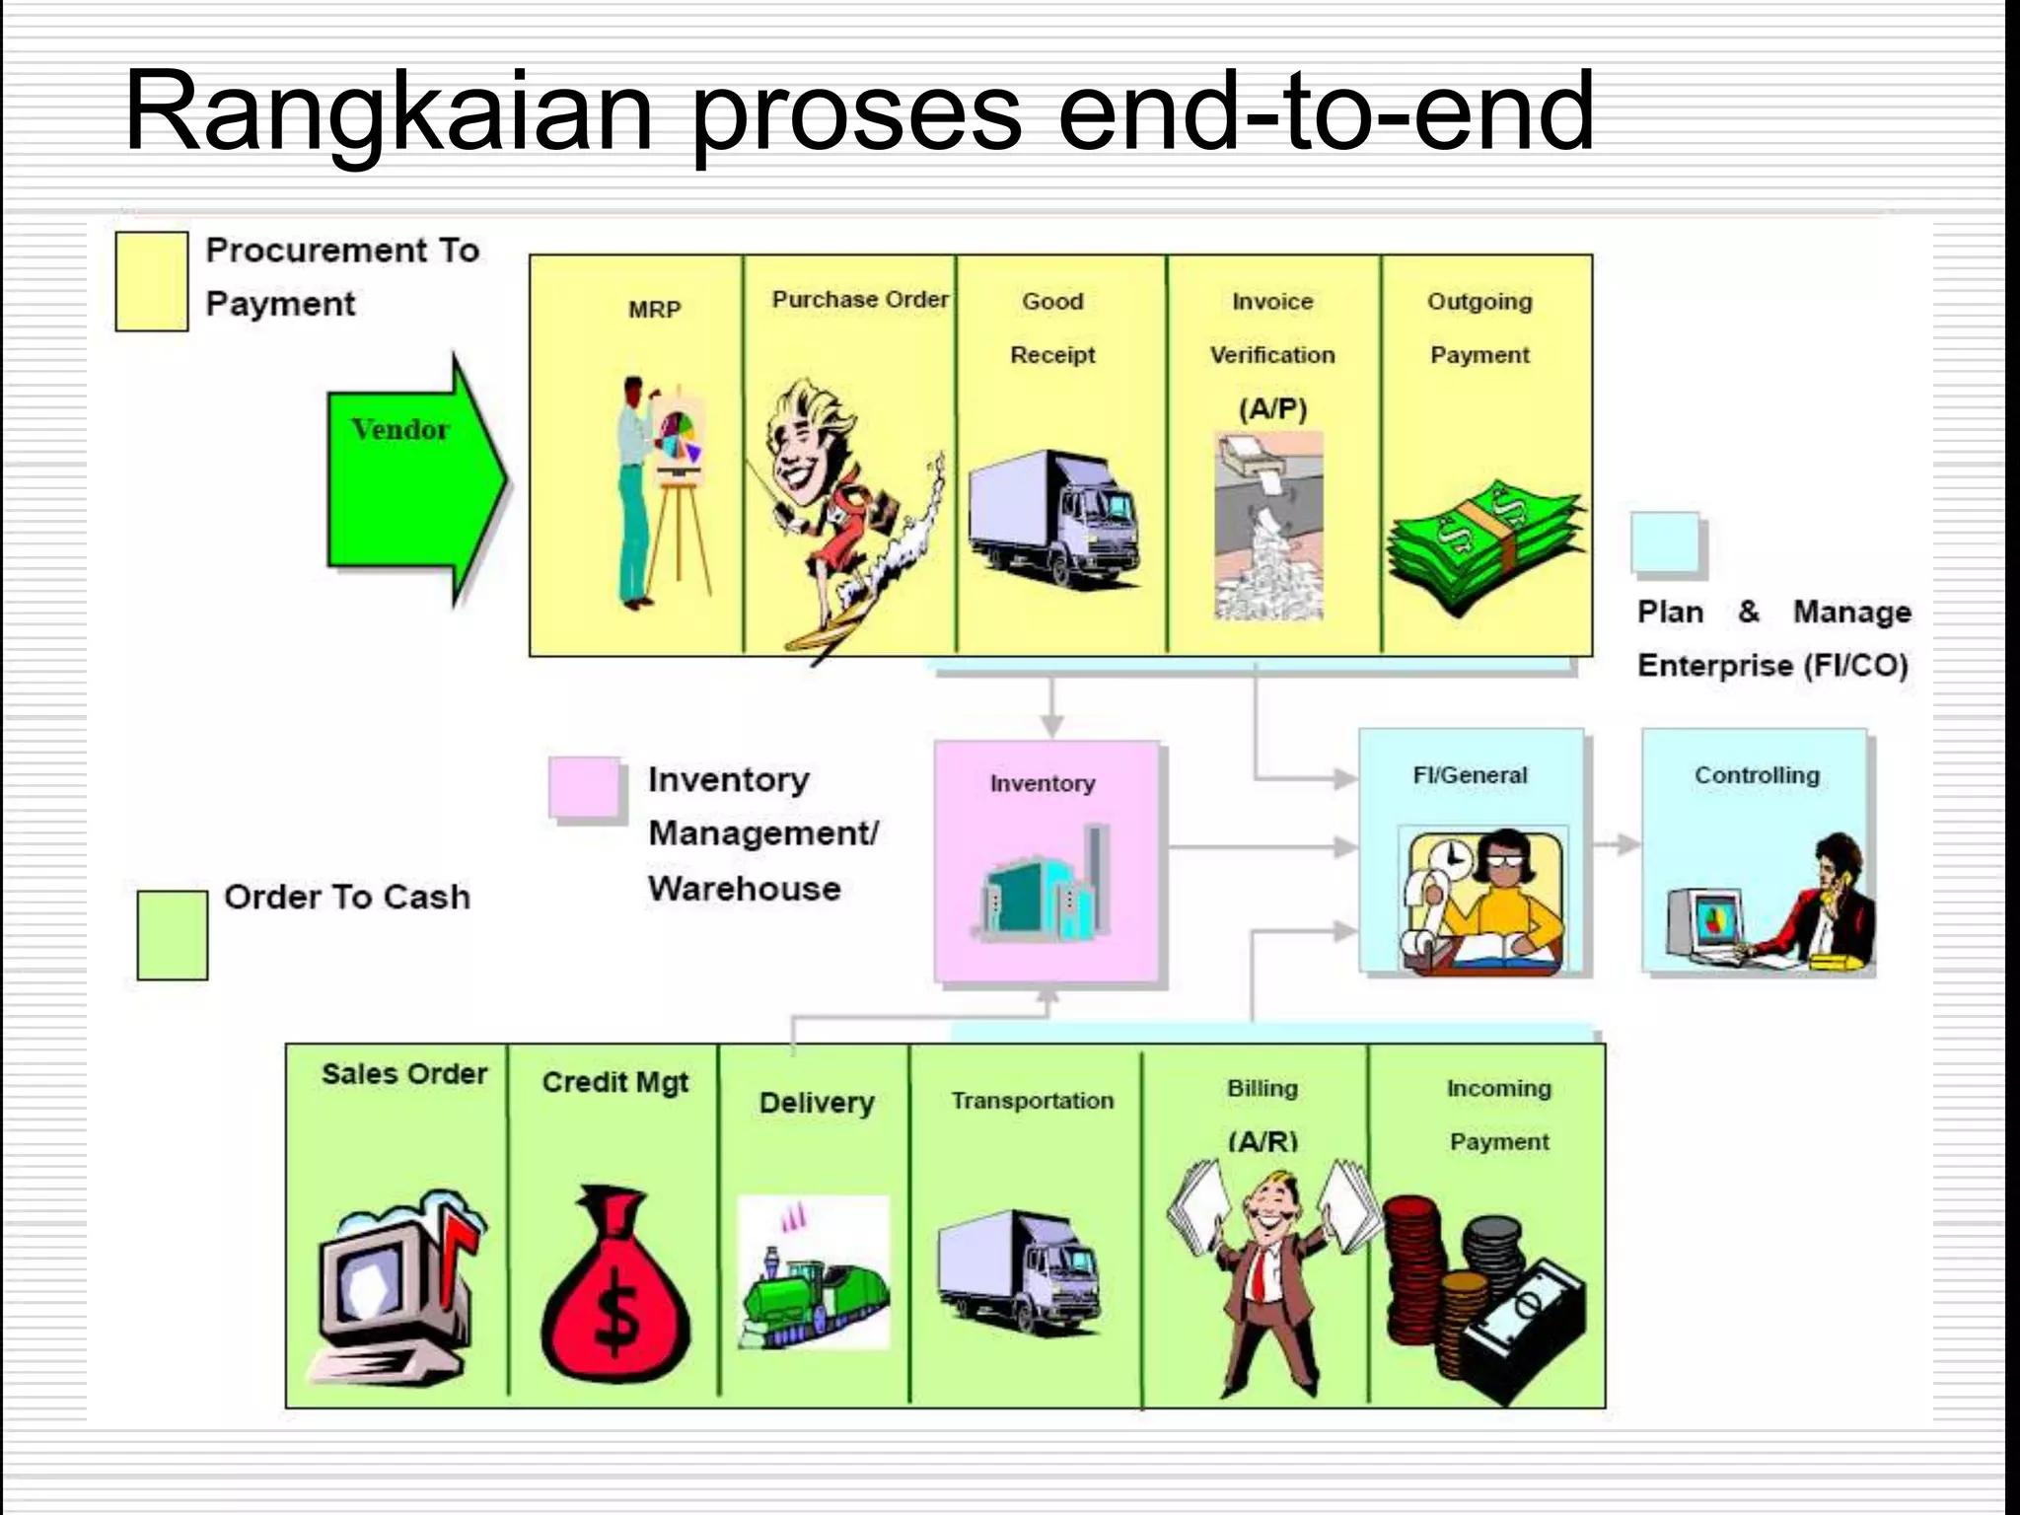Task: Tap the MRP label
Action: tap(654, 310)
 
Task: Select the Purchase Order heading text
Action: tap(859, 299)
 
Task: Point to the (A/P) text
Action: tap(1272, 408)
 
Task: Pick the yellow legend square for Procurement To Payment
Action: tap(151, 281)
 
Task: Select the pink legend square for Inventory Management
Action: tap(584, 787)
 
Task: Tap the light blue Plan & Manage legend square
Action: tap(1665, 542)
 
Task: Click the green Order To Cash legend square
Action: tap(172, 934)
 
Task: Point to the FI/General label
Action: tap(1470, 775)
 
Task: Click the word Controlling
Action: tap(1757, 775)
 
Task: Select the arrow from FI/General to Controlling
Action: tap(1615, 844)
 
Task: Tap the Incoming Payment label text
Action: tap(1498, 1115)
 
